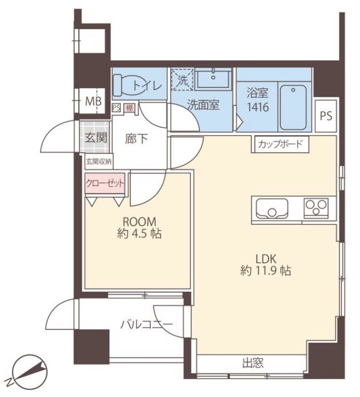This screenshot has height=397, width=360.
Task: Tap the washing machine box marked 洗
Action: (x=182, y=79)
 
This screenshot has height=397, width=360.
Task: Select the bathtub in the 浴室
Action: (x=293, y=107)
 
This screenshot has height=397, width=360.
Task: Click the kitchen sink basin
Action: (x=272, y=209)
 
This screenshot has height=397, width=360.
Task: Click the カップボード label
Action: (x=280, y=144)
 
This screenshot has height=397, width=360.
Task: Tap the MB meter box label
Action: (x=93, y=101)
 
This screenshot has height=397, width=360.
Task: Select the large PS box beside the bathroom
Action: (x=326, y=116)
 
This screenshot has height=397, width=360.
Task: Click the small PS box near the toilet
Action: (x=116, y=107)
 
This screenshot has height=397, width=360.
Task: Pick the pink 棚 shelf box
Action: (x=129, y=108)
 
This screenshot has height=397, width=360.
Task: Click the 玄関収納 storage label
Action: (x=99, y=161)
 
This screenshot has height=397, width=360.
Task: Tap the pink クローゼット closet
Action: (x=105, y=183)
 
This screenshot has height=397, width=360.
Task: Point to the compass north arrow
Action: (x=31, y=369)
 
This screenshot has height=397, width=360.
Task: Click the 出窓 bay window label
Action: (x=253, y=362)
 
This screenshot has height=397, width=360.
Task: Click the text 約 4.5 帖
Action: (x=139, y=233)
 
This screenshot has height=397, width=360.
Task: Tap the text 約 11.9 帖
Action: (x=266, y=271)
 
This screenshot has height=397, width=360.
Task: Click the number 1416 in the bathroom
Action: (x=258, y=107)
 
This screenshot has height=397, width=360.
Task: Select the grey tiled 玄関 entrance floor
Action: (x=95, y=137)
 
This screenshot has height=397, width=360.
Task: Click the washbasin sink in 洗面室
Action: (x=214, y=78)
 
